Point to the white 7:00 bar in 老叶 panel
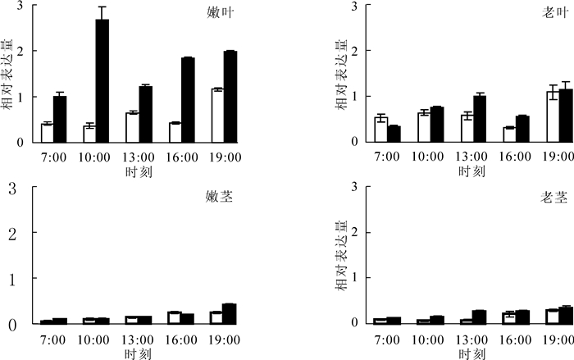(380, 130)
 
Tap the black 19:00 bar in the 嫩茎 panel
(230, 314)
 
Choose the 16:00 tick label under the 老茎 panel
(515, 339)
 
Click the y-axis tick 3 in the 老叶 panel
(353, 7)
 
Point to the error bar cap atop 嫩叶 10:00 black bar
(102, 7)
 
